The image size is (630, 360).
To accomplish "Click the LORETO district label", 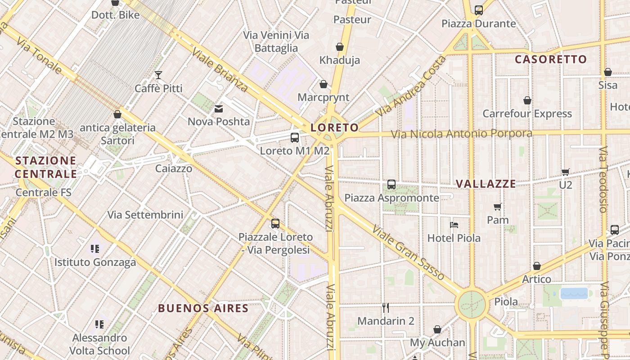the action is [x=334, y=128].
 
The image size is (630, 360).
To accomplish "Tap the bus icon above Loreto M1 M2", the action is [x=295, y=138].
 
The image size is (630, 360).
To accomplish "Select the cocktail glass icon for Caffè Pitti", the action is [x=158, y=75].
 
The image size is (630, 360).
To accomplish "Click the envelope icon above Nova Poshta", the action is [x=219, y=108].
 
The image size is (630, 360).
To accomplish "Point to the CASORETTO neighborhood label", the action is [x=551, y=59].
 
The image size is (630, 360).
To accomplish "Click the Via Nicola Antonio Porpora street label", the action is [x=461, y=134].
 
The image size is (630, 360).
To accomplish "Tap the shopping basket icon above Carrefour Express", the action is [x=527, y=100].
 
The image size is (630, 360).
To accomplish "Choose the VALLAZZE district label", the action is [x=486, y=184].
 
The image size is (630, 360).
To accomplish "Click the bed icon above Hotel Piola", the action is [x=454, y=225].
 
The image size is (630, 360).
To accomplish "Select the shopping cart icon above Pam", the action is [x=498, y=207].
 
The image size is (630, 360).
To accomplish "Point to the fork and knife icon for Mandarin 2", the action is [x=386, y=308].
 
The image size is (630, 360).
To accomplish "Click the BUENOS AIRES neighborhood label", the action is [x=203, y=308].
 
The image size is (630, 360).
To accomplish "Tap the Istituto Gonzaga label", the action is [x=95, y=262].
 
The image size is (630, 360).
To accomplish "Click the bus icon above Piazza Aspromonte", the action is [x=391, y=184].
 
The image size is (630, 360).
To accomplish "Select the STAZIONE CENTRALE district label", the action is [x=45, y=167].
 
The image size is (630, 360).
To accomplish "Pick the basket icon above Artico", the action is [x=536, y=266].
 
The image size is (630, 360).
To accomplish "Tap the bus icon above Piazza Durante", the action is [x=479, y=10].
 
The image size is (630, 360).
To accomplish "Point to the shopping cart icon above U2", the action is [x=566, y=171].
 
